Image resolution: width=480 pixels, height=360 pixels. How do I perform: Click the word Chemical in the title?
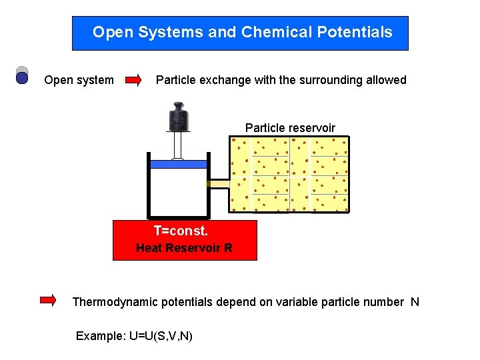tap(270, 32)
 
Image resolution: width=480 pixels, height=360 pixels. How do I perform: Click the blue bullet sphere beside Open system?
tap(22, 78)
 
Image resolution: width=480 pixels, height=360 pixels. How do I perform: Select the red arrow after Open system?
tap(133, 80)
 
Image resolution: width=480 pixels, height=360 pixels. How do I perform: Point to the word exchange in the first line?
tap(227, 80)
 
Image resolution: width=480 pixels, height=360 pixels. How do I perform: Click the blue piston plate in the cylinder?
tap(178, 163)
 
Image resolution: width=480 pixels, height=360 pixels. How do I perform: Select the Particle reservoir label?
tap(290, 127)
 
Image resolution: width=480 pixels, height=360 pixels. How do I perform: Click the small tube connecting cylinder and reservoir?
tap(218, 183)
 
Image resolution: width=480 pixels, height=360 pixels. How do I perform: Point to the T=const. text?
tap(181, 231)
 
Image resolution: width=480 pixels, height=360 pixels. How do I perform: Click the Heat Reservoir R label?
tap(184, 248)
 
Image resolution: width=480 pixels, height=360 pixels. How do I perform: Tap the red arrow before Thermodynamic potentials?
tap(48, 301)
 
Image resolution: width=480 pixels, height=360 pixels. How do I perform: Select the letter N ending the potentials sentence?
tap(415, 302)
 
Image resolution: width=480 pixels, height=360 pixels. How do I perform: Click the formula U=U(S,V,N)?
tap(161, 336)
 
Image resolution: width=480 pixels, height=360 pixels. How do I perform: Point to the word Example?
tap(100, 336)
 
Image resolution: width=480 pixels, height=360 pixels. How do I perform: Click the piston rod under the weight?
tap(178, 145)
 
